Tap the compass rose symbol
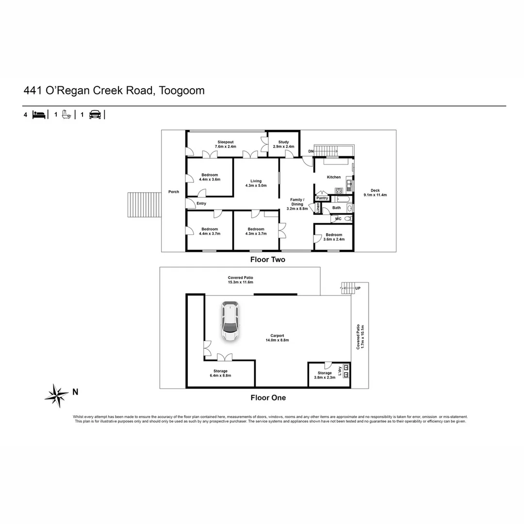56,395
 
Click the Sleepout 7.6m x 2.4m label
226,144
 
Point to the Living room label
256,183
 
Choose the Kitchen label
333,177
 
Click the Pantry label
322,198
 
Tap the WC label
338,219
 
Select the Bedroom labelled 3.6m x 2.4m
334,237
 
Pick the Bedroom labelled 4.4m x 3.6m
210,177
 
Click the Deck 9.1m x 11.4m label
375,193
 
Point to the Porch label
174,192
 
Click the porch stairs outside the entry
144,205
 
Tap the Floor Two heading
268,260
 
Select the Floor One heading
268,398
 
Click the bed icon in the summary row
39,115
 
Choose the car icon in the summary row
95,115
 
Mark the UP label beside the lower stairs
358,288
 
